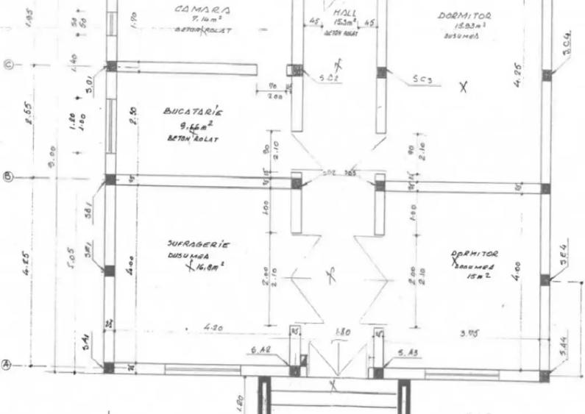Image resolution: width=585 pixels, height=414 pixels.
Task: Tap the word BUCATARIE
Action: click(193, 112)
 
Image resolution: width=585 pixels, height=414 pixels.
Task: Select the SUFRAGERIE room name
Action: click(199, 243)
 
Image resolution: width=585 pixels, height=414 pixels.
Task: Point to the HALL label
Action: click(346, 13)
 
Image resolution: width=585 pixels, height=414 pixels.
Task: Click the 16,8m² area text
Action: click(209, 268)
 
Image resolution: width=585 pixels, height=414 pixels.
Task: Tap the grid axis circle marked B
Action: click(8, 177)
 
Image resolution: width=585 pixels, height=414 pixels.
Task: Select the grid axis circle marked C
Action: click(10, 65)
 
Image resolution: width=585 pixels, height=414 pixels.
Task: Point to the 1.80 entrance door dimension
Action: click(342, 332)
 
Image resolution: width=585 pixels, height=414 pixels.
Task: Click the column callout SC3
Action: click(422, 79)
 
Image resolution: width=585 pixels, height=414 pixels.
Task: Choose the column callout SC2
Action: click(328, 77)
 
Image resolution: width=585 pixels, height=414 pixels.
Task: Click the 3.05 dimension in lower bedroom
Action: click(470, 333)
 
